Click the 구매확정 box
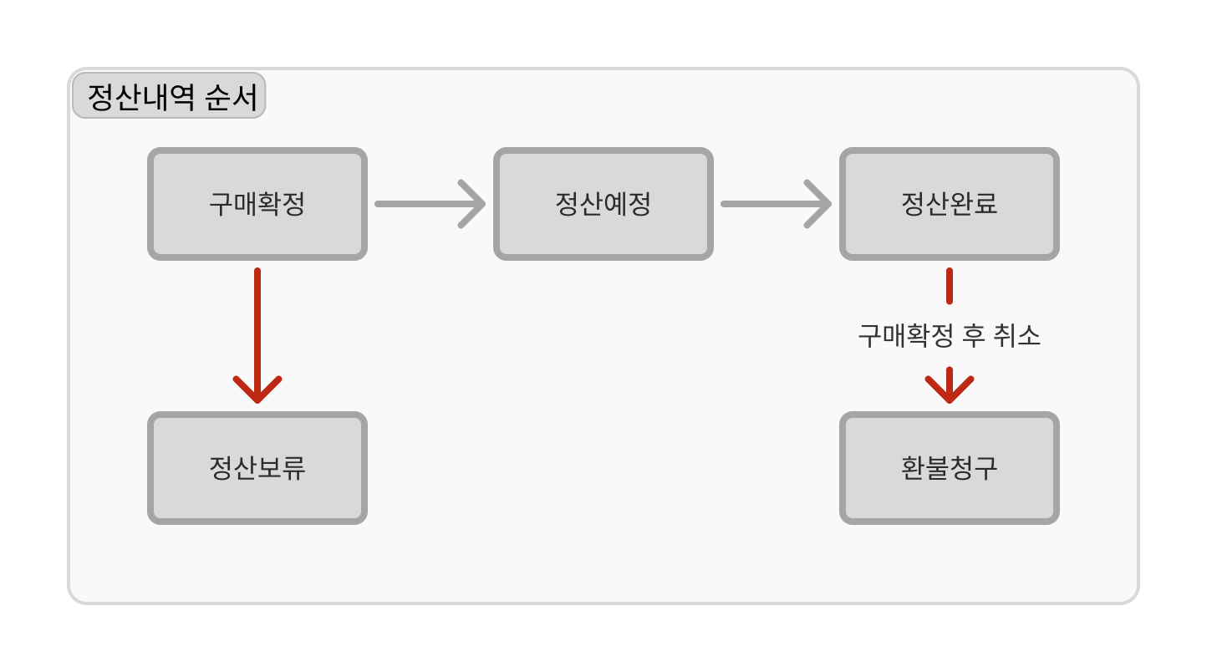[257, 204]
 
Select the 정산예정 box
[603, 204]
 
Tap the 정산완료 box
[950, 204]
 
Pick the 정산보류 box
[257, 468]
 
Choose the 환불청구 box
[950, 468]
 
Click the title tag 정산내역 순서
[169, 96]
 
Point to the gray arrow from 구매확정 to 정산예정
[430, 204]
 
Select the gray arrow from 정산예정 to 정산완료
[776, 204]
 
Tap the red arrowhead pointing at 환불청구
[950, 386]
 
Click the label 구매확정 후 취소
[950, 336]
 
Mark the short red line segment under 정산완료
[950, 286]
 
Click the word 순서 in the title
[232, 98]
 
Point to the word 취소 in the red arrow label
[1016, 336]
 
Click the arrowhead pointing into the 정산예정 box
[472, 204]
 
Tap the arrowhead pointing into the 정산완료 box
[818, 204]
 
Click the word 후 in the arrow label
[974, 336]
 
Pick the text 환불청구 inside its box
[950, 468]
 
